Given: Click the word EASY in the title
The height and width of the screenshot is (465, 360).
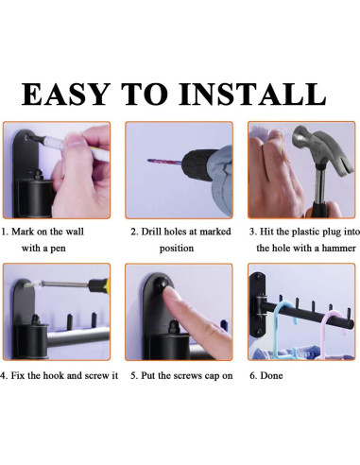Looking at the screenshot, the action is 66,94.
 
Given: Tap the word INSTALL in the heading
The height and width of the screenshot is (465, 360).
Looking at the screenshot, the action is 252,94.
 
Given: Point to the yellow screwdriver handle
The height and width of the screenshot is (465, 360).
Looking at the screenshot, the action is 99,285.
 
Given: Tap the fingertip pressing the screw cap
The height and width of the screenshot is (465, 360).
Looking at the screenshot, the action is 170,295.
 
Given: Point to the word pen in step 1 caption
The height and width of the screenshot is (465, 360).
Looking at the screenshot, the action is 58,249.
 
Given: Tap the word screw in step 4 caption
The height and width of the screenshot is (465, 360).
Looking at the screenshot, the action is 96,376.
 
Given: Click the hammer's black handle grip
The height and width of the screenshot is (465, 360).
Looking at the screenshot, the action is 318,211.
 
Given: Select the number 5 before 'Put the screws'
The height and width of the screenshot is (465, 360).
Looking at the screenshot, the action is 133,376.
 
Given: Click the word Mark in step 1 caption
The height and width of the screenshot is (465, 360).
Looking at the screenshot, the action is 23,232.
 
